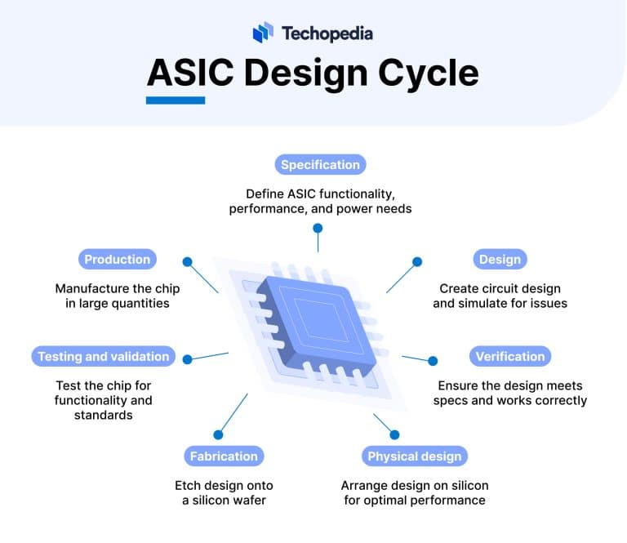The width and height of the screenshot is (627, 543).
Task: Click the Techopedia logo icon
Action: click(262, 33)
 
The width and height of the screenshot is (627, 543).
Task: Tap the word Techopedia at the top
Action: click(327, 33)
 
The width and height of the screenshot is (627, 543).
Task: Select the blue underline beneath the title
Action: click(175, 100)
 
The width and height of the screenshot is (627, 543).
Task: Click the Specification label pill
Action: click(320, 165)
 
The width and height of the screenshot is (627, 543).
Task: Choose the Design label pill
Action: click(500, 260)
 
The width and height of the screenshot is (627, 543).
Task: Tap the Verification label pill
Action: click(509, 356)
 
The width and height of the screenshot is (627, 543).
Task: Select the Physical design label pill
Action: click(414, 456)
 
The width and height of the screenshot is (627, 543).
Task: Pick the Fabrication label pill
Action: click(223, 456)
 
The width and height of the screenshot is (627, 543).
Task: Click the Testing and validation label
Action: click(104, 356)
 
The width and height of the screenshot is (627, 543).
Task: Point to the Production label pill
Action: click(118, 260)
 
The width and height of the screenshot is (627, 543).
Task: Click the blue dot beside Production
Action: click(187, 262)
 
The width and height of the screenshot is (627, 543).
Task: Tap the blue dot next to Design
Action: click(417, 262)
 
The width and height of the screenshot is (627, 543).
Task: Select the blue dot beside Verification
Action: click(433, 360)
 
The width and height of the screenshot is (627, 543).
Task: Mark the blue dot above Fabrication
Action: click(218, 434)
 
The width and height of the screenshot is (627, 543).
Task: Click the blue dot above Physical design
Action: click(394, 434)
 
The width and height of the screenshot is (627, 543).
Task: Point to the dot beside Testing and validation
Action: click(187, 358)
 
